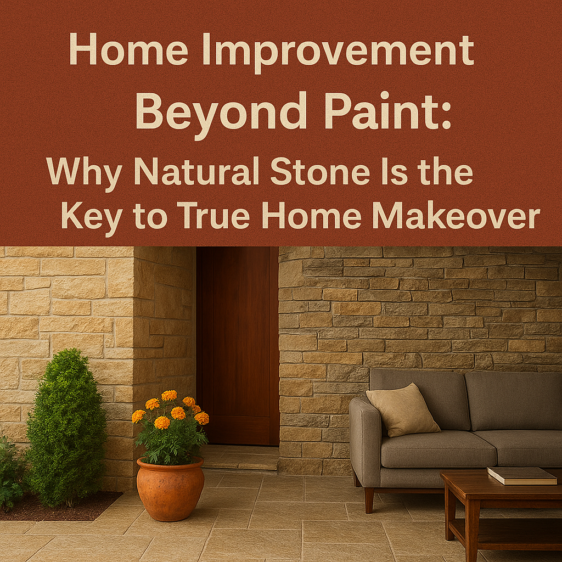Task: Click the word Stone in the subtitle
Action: [x=320, y=171]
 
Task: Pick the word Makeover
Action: [x=456, y=216]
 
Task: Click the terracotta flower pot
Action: [x=170, y=489]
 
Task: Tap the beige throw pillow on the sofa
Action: [x=402, y=410]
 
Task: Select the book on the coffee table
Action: [x=522, y=476]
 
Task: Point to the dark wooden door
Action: [x=238, y=346]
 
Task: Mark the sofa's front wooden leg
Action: [x=369, y=500]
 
